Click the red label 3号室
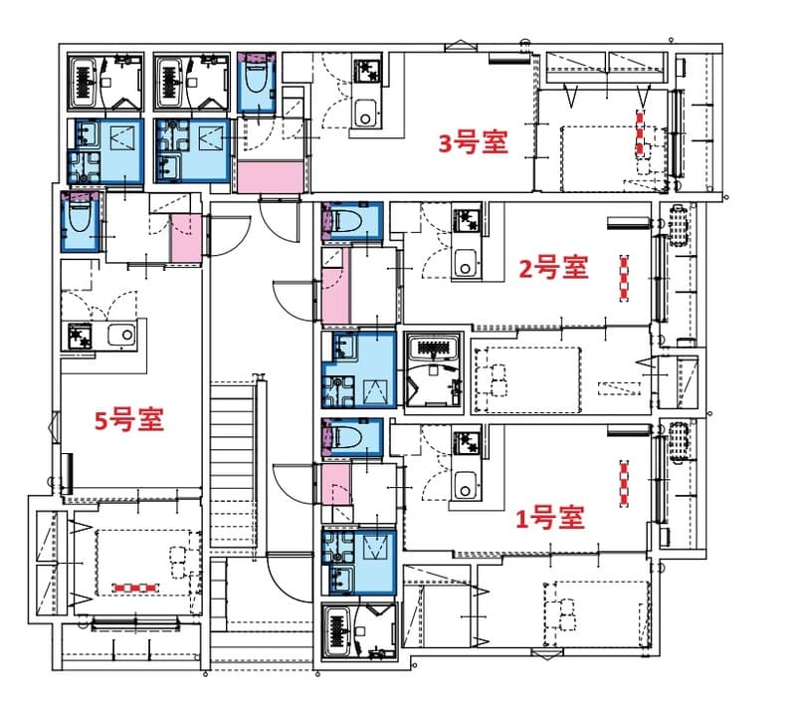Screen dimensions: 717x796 click(474, 143)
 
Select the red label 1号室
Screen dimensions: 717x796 click(548, 518)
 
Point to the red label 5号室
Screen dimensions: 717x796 click(128, 419)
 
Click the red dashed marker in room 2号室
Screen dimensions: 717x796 click(624, 278)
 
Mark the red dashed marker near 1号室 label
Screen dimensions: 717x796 click(624, 484)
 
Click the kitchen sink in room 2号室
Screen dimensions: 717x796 click(465, 266)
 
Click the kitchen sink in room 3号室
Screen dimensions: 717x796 click(365, 114)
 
